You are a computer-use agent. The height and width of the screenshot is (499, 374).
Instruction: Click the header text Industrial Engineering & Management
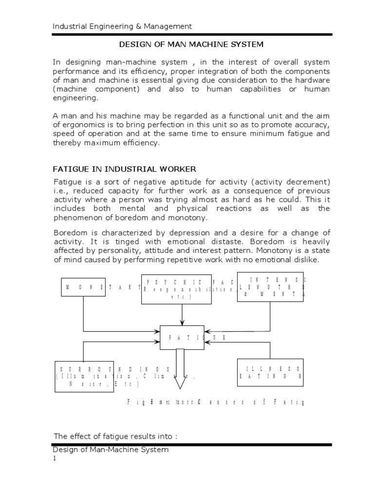122,26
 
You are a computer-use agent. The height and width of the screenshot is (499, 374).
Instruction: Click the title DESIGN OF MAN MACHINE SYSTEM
191,44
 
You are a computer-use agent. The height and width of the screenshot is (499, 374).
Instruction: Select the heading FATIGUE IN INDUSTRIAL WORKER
124,169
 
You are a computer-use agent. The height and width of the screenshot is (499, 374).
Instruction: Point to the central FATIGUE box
182,337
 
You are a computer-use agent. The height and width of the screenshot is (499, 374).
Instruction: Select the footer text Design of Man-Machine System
111,450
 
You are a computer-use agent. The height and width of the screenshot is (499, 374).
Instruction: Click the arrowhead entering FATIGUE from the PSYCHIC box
182,322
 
